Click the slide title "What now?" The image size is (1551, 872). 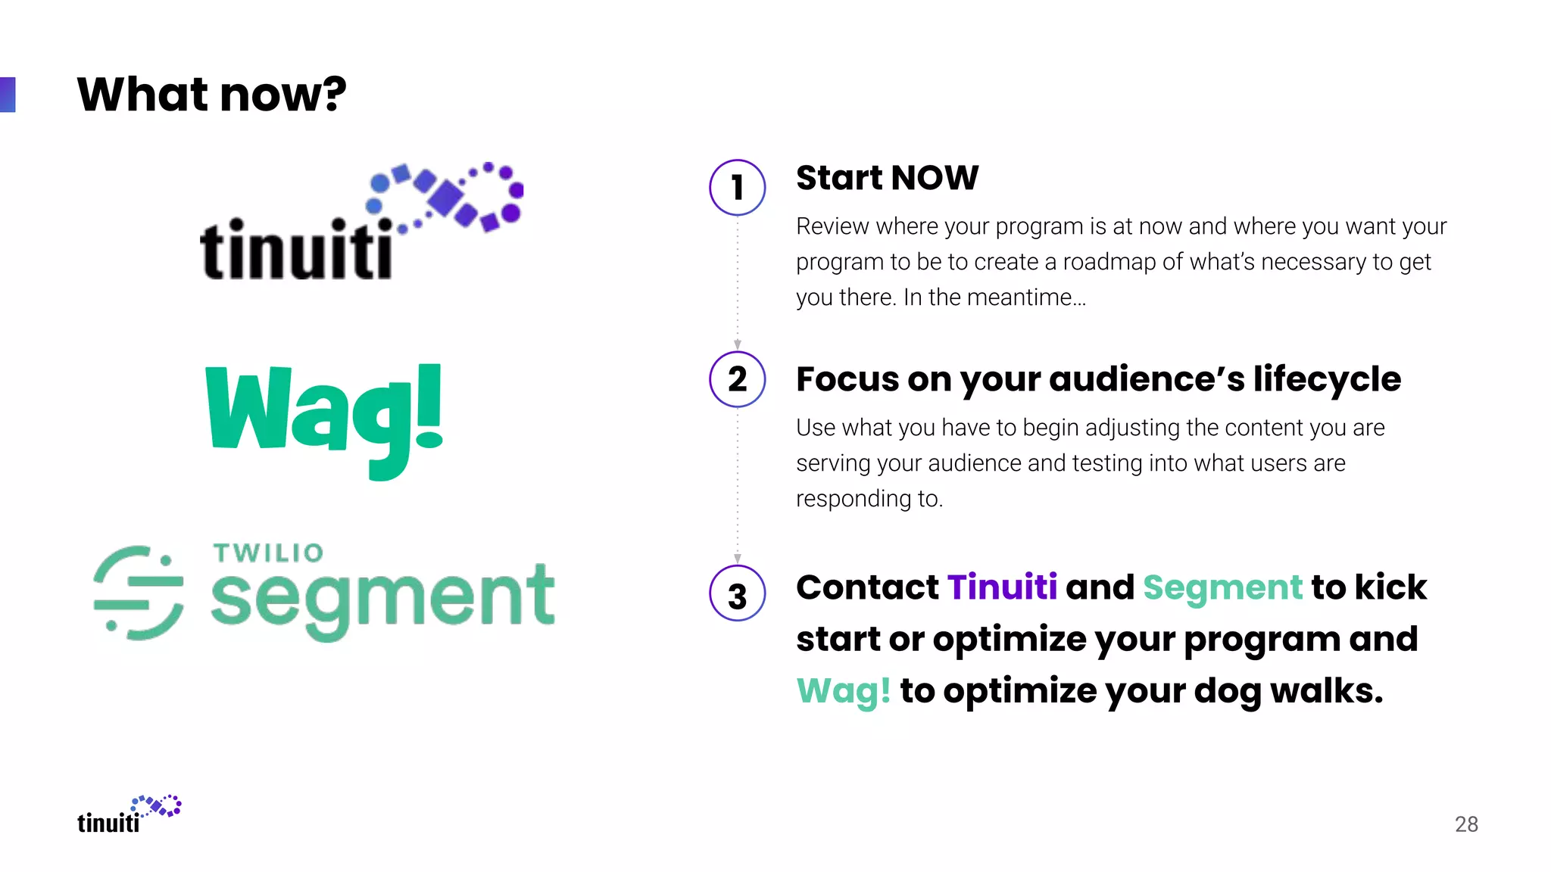coord(211,95)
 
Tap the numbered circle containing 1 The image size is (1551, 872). coord(737,187)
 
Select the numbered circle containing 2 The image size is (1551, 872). coord(737,379)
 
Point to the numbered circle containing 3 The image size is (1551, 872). coord(737,593)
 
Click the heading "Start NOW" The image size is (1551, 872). coord(887,178)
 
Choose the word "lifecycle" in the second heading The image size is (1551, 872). coord(1326,379)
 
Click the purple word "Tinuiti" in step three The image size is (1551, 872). coord(1002,587)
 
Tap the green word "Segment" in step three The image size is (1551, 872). coord(1222,587)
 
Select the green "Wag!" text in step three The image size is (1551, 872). coord(843,690)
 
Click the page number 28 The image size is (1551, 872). coord(1466,824)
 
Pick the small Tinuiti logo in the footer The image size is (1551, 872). coord(129,814)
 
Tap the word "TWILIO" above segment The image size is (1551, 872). coord(268,553)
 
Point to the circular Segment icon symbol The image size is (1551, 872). coord(139,593)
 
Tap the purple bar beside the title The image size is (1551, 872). coord(8,95)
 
